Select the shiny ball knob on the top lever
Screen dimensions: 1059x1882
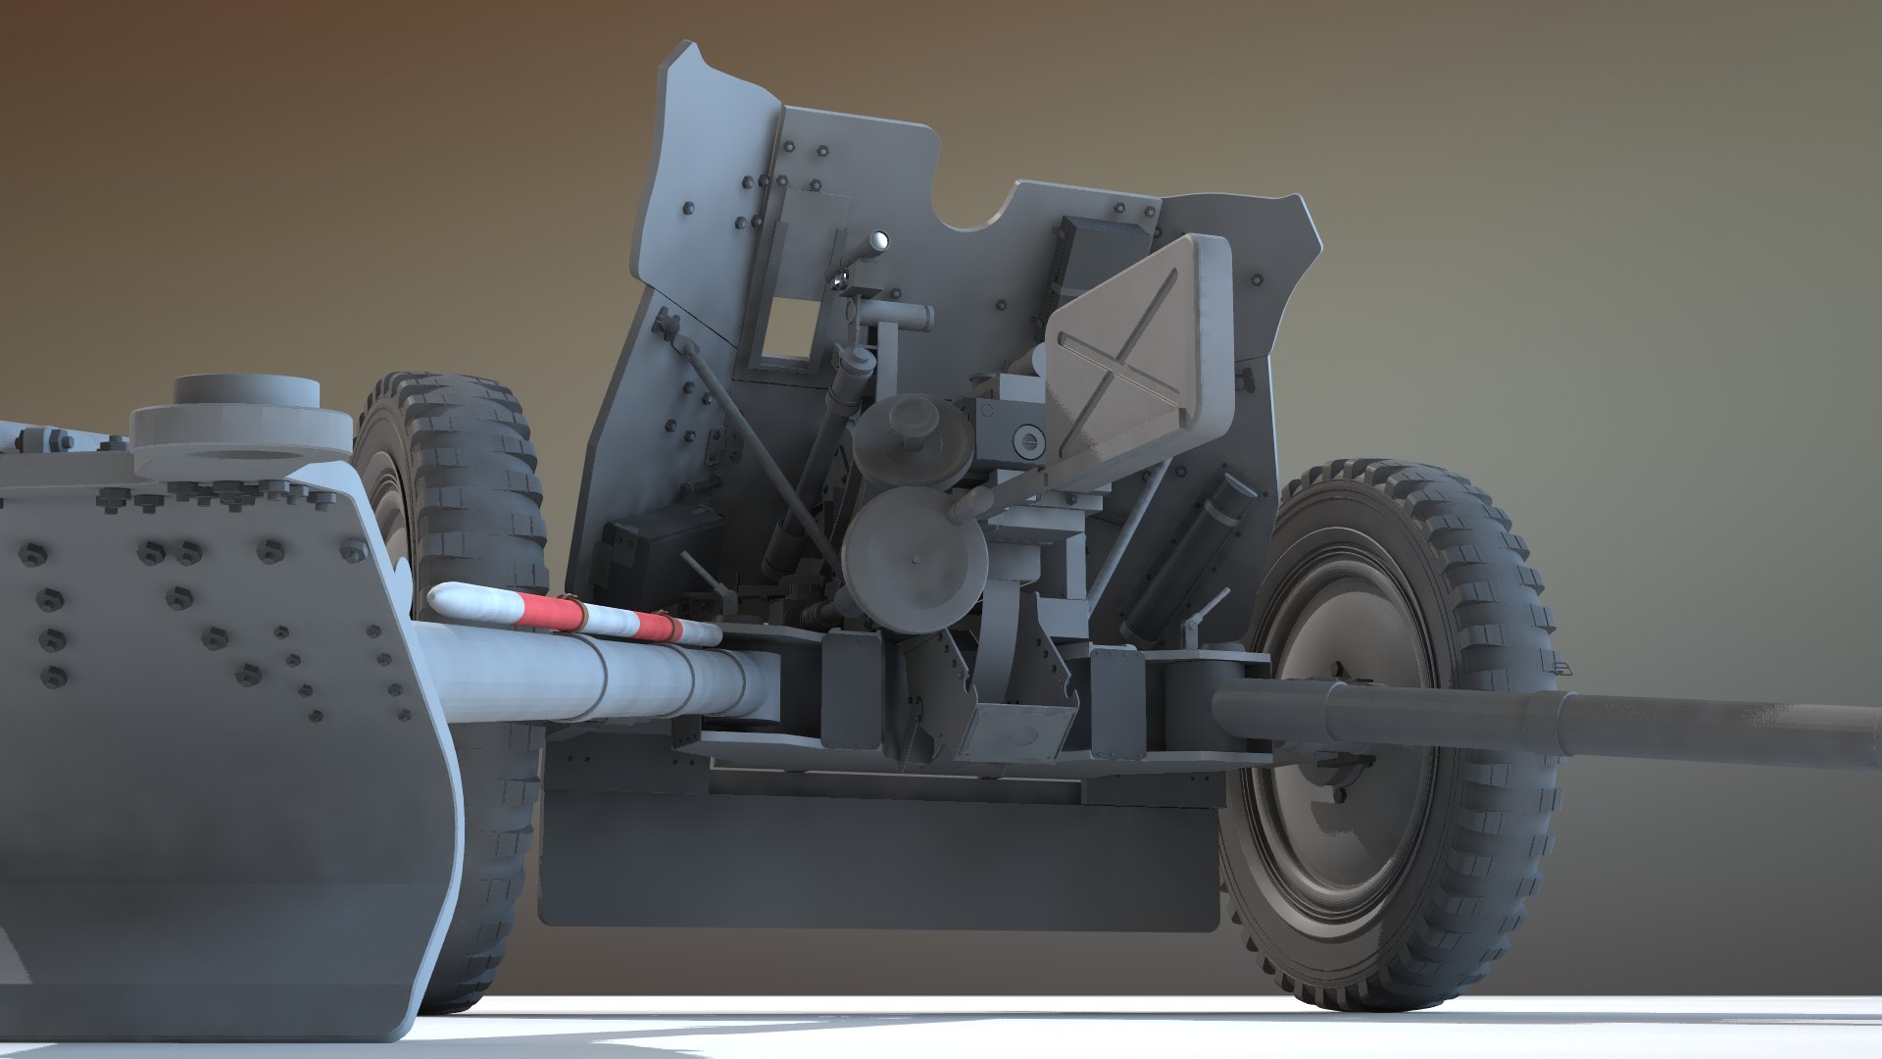(x=879, y=239)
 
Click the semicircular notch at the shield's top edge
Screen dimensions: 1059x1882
(x=970, y=211)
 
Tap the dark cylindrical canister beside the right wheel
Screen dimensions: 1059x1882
(x=1191, y=549)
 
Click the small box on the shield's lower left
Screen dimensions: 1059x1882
(x=642, y=554)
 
